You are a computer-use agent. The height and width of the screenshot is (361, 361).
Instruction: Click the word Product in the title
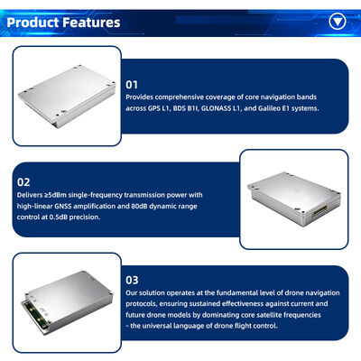(x=34, y=21)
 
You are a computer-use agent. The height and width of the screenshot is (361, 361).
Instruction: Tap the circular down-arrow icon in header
(x=338, y=21)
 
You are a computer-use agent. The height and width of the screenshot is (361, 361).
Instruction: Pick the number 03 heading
(x=132, y=280)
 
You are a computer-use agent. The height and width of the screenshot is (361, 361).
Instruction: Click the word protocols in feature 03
(x=143, y=305)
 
